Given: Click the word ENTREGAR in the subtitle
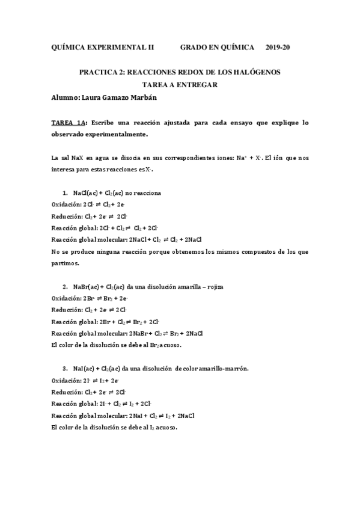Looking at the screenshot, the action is (194, 85).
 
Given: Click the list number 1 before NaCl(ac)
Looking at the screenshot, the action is (64, 193).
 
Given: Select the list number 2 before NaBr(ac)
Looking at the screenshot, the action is (64, 287).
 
